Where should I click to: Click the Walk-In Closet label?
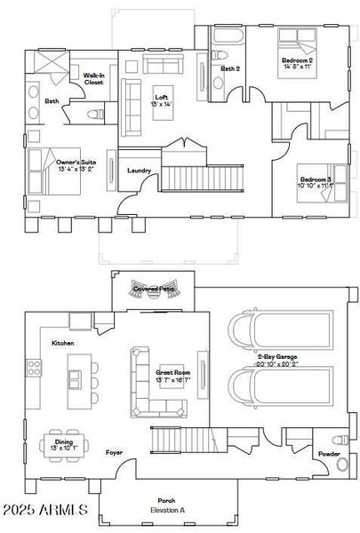pos(94,79)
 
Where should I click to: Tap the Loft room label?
pos(161,97)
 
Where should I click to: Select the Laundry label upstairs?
pos(140,171)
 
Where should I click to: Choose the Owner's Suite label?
pos(76,163)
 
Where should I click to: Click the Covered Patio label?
pos(152,289)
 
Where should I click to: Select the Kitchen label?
pos(62,343)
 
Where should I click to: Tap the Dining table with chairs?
pos(65,447)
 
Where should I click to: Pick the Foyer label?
pos(114,452)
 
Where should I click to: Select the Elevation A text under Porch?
pos(166,512)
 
